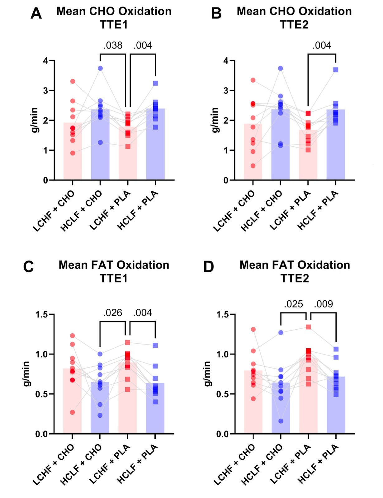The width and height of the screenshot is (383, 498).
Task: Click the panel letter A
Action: (x=36, y=14)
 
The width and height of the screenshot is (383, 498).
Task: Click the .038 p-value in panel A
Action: (x=113, y=45)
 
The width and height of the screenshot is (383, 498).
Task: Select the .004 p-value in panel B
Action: (x=322, y=45)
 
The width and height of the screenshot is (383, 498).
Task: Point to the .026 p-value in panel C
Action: (x=112, y=312)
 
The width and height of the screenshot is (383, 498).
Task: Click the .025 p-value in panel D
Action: (x=293, y=304)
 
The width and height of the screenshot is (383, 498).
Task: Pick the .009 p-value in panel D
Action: (x=324, y=304)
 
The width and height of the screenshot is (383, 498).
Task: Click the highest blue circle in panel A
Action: (x=100, y=68)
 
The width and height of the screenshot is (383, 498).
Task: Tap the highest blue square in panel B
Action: (x=336, y=70)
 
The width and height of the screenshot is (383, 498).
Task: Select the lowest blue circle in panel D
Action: (x=281, y=421)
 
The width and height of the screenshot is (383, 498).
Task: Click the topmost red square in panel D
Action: (x=308, y=327)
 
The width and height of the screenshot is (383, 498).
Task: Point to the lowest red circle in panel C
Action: (x=72, y=412)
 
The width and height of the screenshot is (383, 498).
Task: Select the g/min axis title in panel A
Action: (x=34, y=120)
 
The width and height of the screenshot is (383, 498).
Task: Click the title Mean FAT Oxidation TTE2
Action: (x=295, y=271)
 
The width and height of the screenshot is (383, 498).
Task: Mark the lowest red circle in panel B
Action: (x=253, y=166)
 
